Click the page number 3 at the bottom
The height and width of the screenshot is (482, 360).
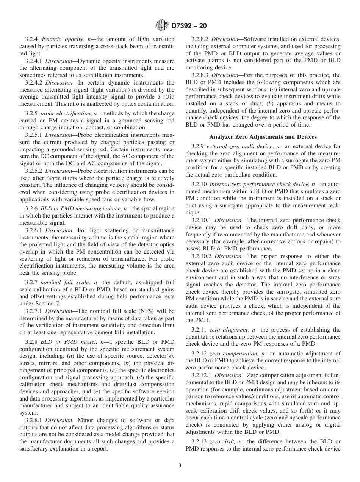[180, 466]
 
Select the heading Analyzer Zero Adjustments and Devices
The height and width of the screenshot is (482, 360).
[263, 137]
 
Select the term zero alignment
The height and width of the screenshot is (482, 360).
[227, 330]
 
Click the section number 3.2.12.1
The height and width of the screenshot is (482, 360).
[202, 375]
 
